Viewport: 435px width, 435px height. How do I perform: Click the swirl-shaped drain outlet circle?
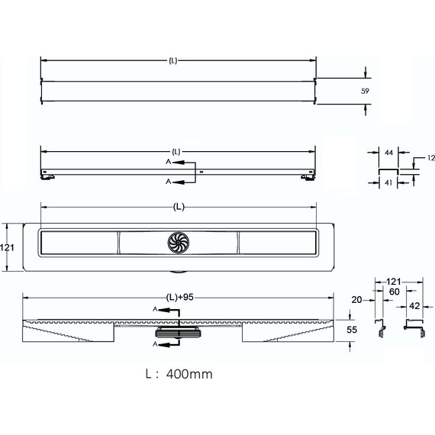[x=179, y=243]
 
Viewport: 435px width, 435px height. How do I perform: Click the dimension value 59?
[x=365, y=91]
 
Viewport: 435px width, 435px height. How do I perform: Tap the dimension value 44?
[x=388, y=153]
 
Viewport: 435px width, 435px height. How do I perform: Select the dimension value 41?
[x=388, y=182]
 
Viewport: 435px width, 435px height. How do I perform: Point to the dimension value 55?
[x=352, y=330]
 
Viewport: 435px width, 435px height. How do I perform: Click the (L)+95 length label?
[x=180, y=298]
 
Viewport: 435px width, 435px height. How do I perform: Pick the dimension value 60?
[x=395, y=292]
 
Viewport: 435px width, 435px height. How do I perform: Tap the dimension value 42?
[x=414, y=306]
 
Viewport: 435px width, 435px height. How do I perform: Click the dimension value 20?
[x=356, y=300]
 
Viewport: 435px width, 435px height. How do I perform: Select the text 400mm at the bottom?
[x=189, y=374]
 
